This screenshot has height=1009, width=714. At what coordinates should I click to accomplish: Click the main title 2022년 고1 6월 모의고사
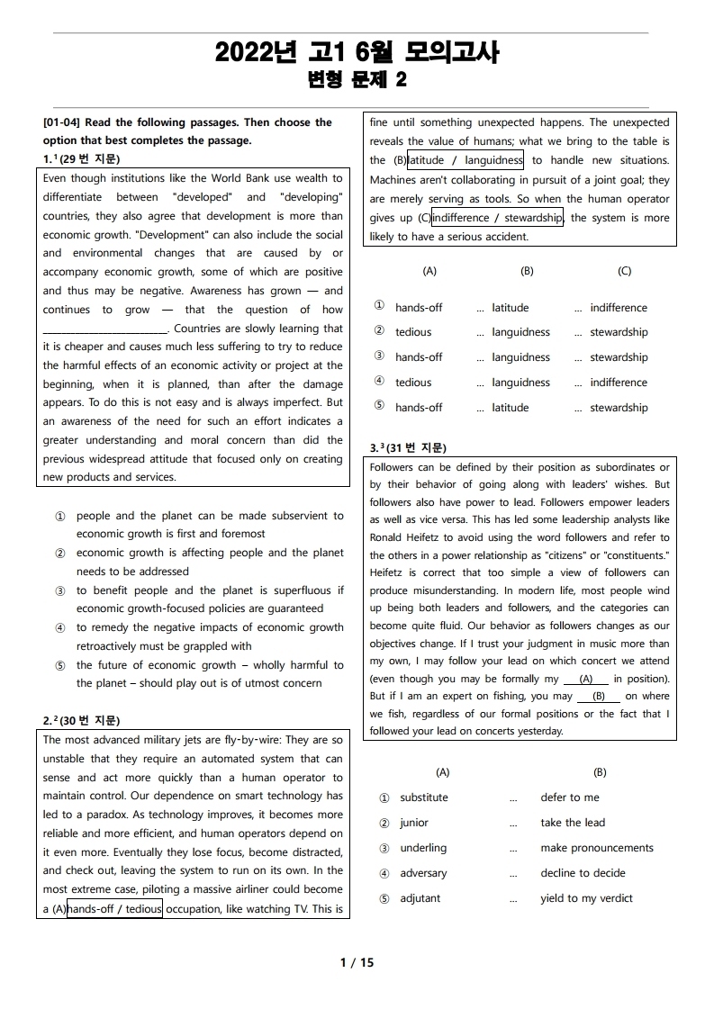pyautogui.click(x=357, y=53)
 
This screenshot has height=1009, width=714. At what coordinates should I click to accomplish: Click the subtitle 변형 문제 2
pyautogui.click(x=357, y=80)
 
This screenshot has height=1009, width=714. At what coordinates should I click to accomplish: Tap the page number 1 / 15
pyautogui.click(x=357, y=962)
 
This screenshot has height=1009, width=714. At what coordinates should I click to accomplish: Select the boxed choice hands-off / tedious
pyautogui.click(x=114, y=908)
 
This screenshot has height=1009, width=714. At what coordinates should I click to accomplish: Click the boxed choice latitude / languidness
pyautogui.click(x=465, y=160)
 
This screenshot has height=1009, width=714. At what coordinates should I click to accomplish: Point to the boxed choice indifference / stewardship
pyautogui.click(x=497, y=217)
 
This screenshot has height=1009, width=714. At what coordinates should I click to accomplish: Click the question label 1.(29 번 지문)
pyautogui.click(x=81, y=159)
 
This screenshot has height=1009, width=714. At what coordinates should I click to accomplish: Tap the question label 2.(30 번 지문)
pyautogui.click(x=81, y=720)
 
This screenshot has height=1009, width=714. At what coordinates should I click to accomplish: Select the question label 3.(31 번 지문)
pyautogui.click(x=408, y=447)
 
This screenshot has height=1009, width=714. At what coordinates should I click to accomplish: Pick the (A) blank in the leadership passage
pyautogui.click(x=586, y=680)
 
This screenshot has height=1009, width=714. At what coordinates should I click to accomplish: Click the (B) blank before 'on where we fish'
pyautogui.click(x=598, y=697)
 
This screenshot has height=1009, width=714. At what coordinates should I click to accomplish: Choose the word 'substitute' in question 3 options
pyautogui.click(x=423, y=797)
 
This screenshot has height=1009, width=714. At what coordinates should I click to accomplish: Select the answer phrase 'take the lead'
pyautogui.click(x=573, y=823)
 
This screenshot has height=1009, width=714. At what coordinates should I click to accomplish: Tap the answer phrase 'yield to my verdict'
pyautogui.click(x=586, y=898)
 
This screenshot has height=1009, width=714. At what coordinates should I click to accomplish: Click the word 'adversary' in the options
pyautogui.click(x=424, y=873)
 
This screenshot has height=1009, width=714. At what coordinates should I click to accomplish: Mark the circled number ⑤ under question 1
pyautogui.click(x=60, y=666)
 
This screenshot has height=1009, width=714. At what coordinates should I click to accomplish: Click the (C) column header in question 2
pyautogui.click(x=624, y=271)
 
